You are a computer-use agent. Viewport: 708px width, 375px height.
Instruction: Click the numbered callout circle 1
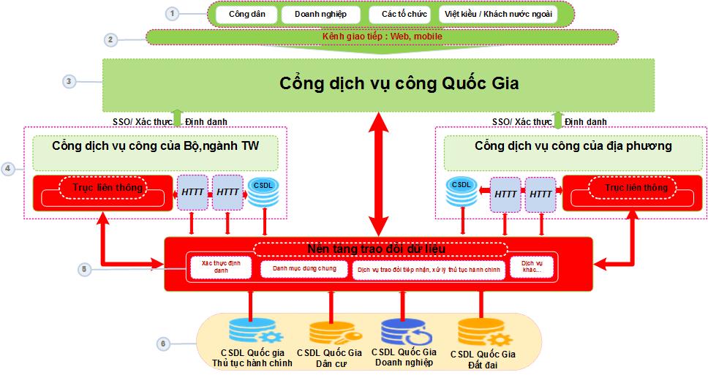[x=172, y=13]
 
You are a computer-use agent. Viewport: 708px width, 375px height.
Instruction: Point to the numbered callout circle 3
[x=69, y=81]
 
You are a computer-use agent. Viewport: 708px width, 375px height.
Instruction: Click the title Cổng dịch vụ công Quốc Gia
[x=399, y=83]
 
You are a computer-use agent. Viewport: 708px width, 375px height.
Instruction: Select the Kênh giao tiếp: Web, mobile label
[x=382, y=37]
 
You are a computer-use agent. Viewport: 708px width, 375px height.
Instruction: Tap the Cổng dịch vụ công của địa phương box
[x=573, y=146]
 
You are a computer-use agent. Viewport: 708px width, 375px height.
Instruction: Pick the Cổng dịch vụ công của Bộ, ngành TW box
[x=155, y=146]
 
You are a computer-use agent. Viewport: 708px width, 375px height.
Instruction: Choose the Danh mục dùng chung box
[x=304, y=269]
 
